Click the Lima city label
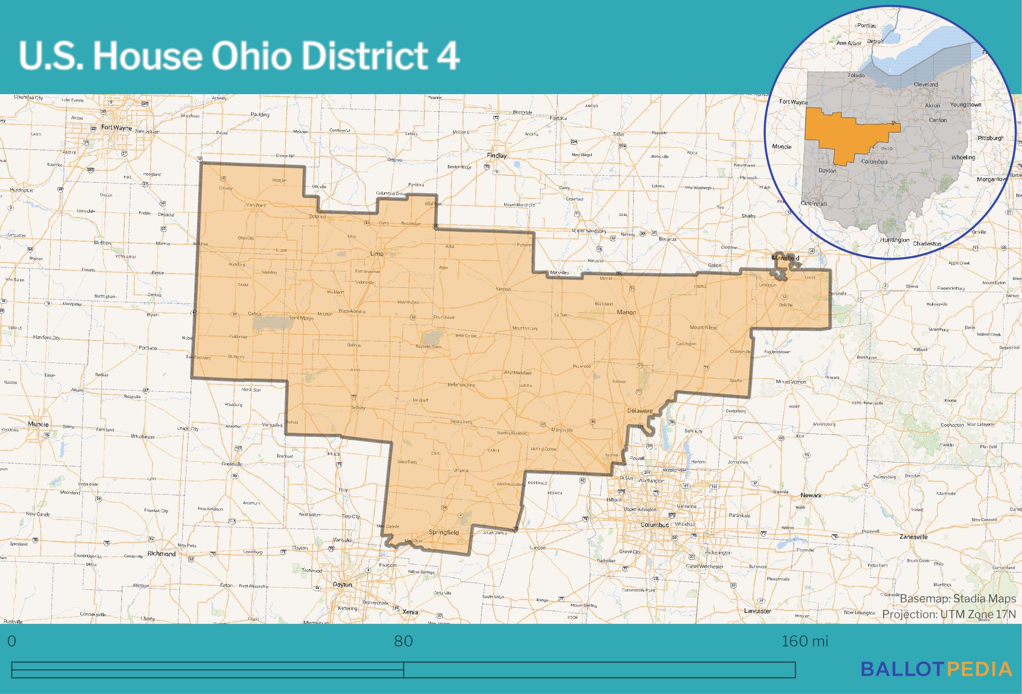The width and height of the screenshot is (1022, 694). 376,254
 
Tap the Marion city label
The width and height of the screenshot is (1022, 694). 626,312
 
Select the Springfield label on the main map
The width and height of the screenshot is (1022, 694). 444,532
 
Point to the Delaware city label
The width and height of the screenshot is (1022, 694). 639,411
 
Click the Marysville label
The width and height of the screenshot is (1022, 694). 562,430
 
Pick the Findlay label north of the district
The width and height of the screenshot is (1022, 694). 496,155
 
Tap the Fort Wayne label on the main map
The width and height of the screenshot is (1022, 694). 116,127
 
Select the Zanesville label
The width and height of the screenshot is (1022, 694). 913,536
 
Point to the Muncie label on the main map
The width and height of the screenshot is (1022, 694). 38,424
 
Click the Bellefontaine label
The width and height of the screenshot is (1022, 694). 461,385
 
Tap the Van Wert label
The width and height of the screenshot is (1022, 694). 255,205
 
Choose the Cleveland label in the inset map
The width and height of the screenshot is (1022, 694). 926,84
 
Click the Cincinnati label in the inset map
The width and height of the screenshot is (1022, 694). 813,204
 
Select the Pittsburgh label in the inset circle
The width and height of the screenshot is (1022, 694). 990,138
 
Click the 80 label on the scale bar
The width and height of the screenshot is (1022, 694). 403,641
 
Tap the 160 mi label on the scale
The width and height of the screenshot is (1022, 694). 804,641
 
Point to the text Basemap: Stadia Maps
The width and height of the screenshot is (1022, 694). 958,599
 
